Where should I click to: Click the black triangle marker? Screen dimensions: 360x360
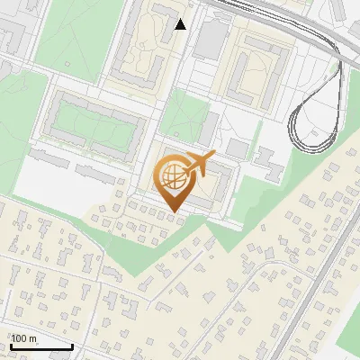(x=181, y=24)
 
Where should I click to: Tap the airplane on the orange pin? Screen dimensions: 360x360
(x=198, y=164)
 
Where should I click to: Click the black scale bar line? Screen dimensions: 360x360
(x=41, y=346)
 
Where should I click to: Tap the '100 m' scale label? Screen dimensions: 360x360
(x=24, y=338)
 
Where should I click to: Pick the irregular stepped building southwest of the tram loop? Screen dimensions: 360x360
(x=268, y=162)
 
